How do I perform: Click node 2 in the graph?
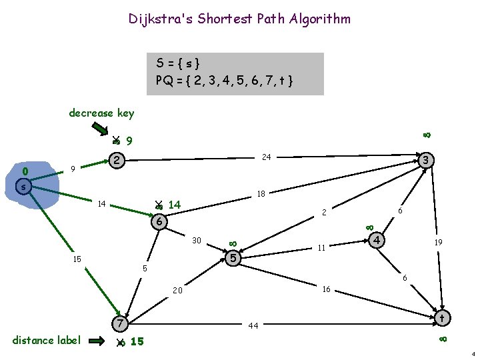pos(117,161)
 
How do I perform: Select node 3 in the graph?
pos(427,160)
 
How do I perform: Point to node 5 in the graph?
pos(232,257)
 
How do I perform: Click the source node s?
pos(23,187)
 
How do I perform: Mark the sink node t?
pos(441,319)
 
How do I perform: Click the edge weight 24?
pos(266,157)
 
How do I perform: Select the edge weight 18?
pos(261,195)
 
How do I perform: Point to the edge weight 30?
pos(197,240)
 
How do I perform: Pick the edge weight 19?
pos(439,244)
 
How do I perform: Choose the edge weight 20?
pos(177,291)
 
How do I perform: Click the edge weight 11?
pos(321,248)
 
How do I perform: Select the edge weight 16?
pos(327,289)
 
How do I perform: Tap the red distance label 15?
pos(137,342)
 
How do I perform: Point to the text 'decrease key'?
pos(101,113)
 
